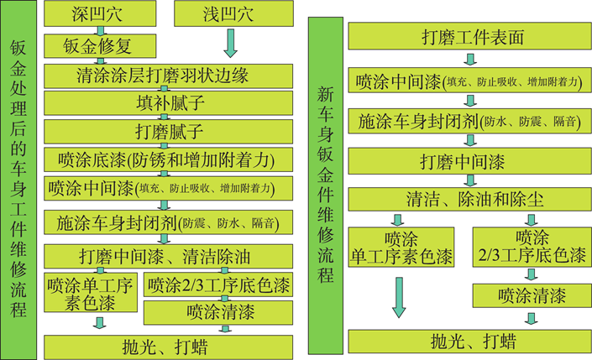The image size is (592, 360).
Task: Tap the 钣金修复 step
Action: pyautogui.click(x=98, y=44)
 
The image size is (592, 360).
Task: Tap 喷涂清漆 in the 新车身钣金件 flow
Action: pyautogui.click(x=531, y=295)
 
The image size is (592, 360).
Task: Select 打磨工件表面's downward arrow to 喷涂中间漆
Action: pyautogui.click(x=470, y=60)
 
